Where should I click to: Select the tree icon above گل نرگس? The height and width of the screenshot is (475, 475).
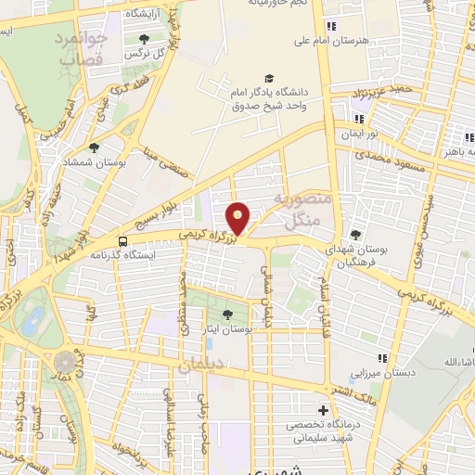pyautogui.click(x=144, y=39)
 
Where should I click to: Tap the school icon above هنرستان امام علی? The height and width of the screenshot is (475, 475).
pyautogui.click(x=330, y=26)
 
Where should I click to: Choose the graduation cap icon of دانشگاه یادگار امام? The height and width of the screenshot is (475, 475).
pyautogui.click(x=269, y=79)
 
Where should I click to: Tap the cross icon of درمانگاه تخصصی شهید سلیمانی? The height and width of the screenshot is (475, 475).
pyautogui.click(x=323, y=409)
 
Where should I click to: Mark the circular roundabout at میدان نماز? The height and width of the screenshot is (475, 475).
pyautogui.click(x=64, y=360)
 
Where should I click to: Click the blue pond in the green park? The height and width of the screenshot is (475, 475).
pyautogui.click(x=34, y=321)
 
